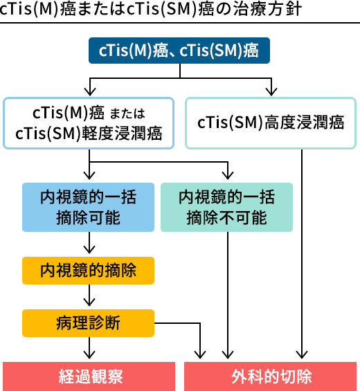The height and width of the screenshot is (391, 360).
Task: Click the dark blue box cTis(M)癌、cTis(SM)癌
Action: (179, 51)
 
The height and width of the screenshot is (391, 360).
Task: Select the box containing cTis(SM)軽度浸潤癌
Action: (89, 123)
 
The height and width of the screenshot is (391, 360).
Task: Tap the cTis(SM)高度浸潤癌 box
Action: (271, 123)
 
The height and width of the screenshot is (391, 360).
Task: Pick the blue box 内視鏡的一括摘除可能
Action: (89, 207)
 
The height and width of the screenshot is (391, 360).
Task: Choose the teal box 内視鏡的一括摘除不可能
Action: (226, 207)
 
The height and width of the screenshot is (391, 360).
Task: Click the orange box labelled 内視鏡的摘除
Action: (89, 271)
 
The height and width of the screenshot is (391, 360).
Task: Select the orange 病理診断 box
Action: (89, 323)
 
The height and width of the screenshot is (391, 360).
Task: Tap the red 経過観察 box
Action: (89, 376)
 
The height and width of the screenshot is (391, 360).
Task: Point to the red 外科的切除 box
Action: (271, 376)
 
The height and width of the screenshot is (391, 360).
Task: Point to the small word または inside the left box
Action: (127, 113)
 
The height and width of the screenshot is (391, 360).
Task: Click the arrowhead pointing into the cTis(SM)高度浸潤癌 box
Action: (271, 92)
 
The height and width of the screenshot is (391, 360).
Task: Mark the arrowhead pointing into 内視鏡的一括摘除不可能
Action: (228, 175)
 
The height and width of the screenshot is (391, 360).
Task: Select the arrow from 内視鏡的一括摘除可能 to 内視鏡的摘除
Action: (89, 243)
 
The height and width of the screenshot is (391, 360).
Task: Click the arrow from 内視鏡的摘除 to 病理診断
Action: (89, 295)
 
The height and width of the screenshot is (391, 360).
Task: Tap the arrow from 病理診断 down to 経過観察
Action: (89, 348)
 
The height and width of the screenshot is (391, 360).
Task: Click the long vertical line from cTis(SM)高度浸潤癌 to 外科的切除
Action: (302, 254)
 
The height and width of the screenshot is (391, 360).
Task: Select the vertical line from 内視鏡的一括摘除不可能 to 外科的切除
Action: (228, 295)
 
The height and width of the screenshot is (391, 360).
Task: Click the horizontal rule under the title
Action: (180, 23)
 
